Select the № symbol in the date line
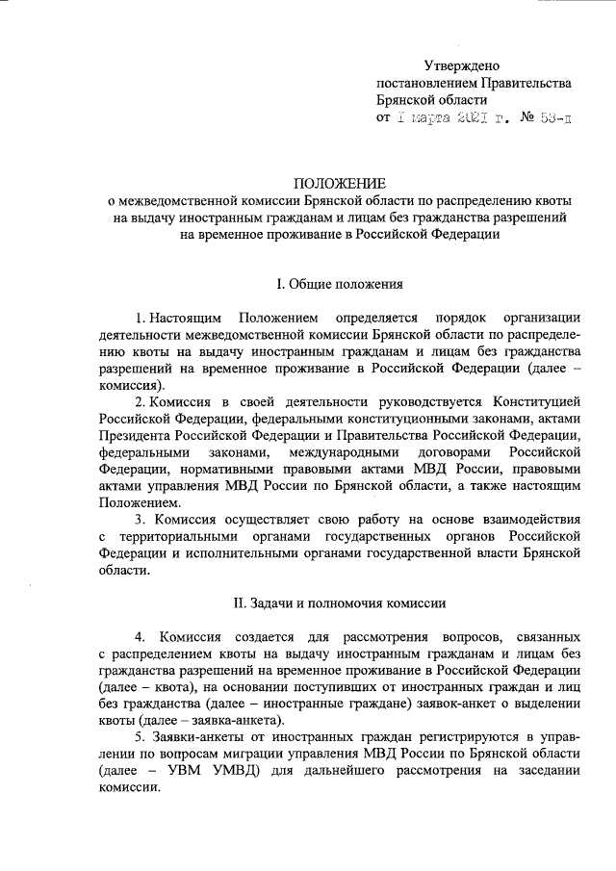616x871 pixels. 500,119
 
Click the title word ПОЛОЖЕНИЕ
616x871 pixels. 339,184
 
